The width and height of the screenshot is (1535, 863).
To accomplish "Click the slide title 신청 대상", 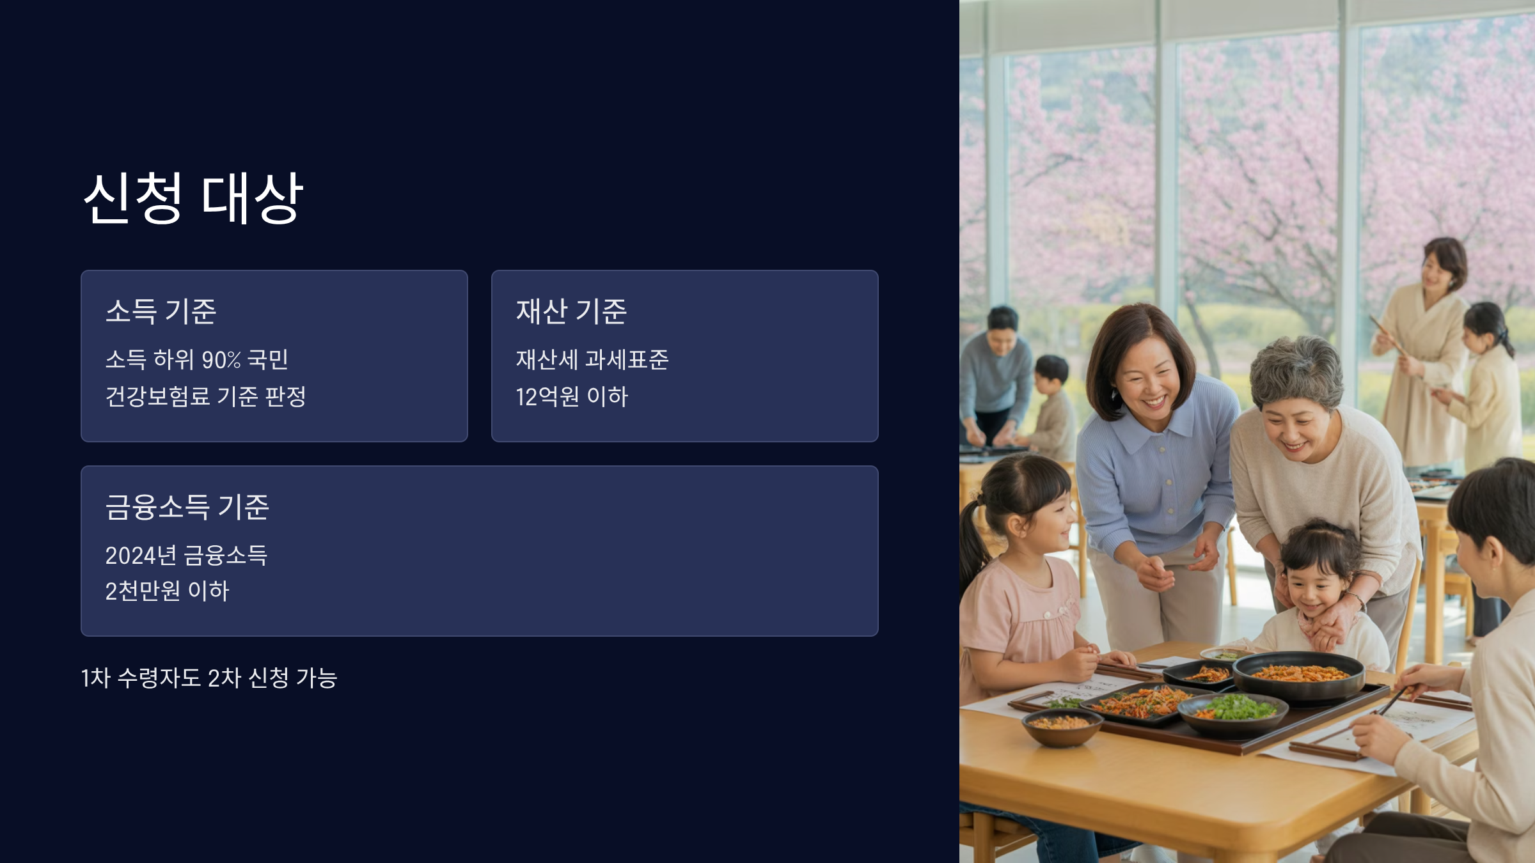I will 193,198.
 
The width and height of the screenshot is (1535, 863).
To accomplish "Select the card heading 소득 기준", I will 161,311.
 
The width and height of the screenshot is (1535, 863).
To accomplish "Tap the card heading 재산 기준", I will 571,311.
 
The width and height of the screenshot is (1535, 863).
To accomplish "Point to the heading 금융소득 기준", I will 187,507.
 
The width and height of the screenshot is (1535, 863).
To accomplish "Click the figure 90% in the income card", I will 221,360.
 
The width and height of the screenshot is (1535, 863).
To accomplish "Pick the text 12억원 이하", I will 572,397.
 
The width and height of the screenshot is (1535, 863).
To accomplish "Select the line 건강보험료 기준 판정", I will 205,396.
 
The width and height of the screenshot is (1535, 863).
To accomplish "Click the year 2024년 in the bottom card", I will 141,556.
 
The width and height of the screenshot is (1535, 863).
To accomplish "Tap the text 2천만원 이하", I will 167,591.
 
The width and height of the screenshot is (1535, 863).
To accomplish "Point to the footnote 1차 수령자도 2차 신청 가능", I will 209,678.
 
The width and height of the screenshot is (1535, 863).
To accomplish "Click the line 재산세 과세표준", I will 592,360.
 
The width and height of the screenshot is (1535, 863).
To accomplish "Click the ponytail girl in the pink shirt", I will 1023,575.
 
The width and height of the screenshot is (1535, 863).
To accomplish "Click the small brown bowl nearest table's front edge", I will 1062,726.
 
